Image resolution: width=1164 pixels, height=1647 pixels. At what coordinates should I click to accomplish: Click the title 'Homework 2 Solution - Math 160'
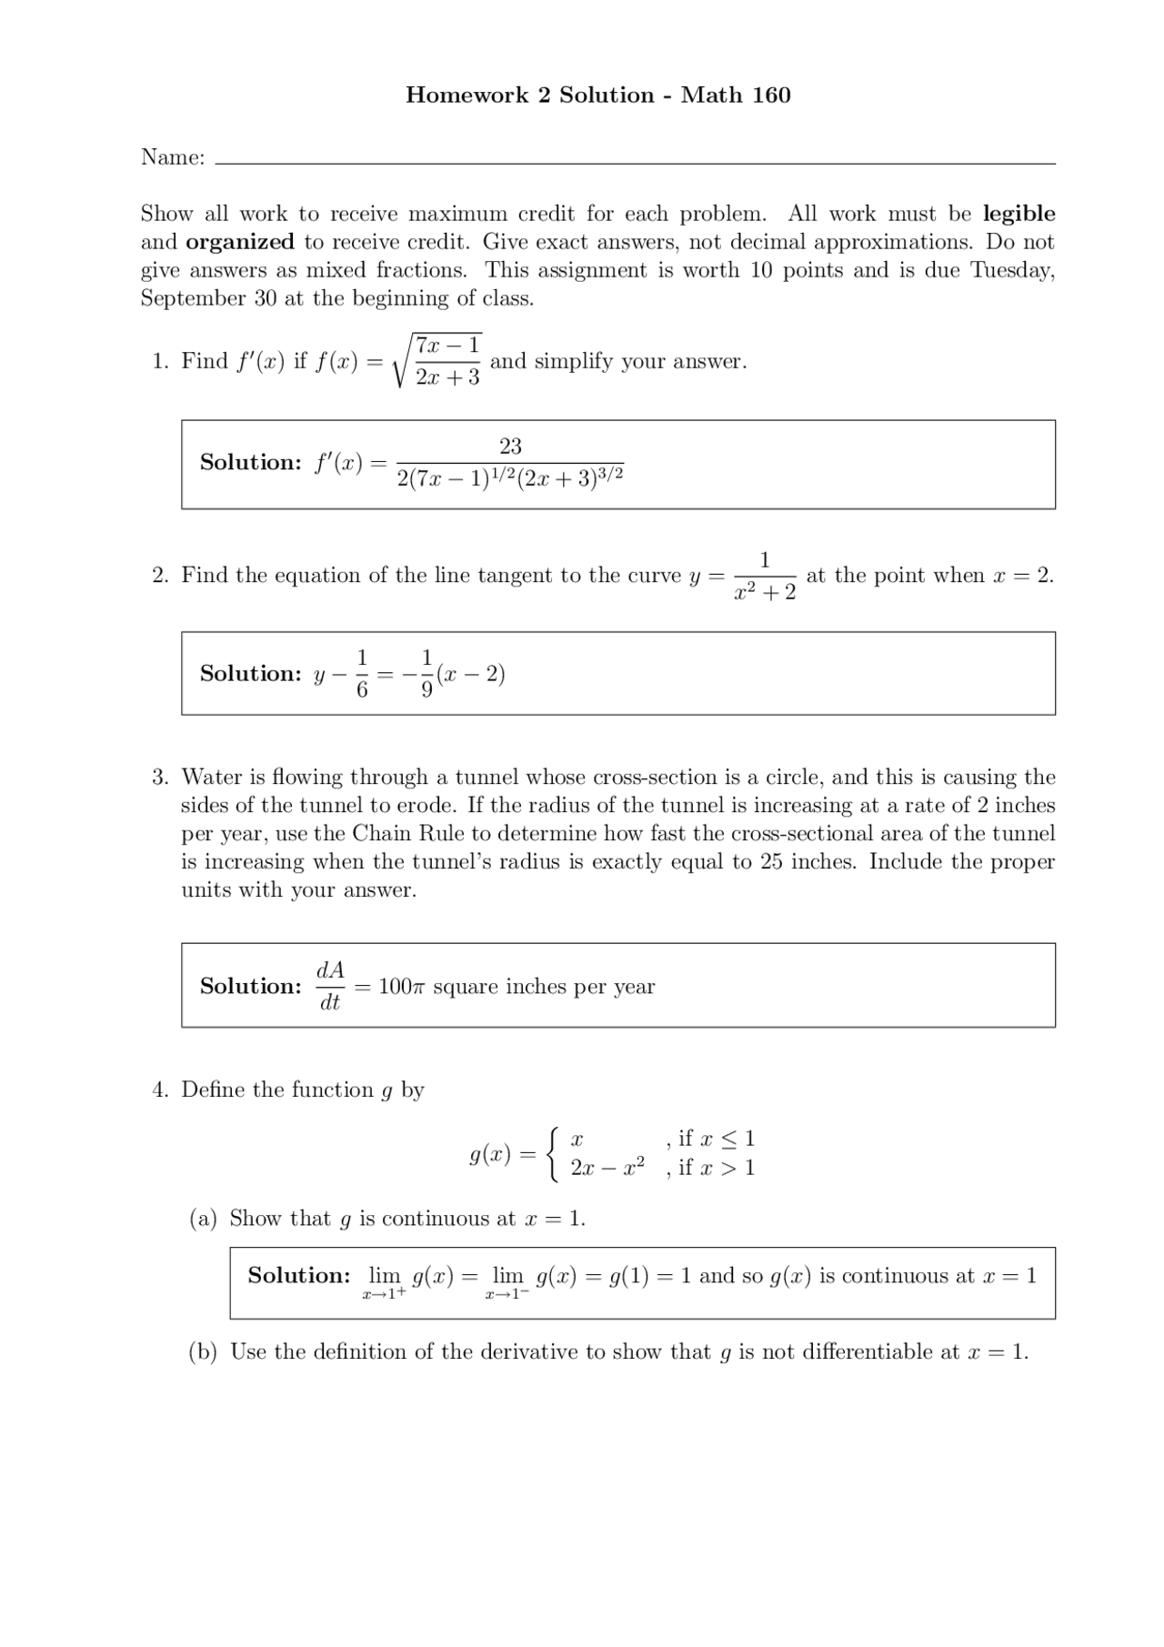(x=597, y=95)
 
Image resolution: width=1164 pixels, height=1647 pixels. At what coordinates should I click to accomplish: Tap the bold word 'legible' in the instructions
(x=1018, y=214)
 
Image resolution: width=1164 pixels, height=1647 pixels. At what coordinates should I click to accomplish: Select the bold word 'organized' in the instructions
(x=240, y=242)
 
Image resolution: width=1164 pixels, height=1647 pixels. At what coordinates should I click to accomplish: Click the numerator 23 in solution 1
(x=510, y=446)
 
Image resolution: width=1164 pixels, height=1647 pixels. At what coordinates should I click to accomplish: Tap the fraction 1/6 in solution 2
(x=362, y=674)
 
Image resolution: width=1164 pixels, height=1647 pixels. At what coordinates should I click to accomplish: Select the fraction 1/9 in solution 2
(x=426, y=674)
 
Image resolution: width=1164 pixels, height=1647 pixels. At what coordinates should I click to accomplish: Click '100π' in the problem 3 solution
(x=396, y=987)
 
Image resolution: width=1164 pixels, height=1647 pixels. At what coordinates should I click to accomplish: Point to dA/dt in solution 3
(x=330, y=987)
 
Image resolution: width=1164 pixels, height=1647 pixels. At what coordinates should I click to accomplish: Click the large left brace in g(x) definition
(x=553, y=1153)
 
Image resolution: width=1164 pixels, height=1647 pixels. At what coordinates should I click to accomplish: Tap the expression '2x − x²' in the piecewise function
(x=607, y=1168)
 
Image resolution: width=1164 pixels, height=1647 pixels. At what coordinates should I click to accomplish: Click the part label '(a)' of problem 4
(x=203, y=1219)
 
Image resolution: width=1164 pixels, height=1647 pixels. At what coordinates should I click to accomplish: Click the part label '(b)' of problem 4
(x=203, y=1352)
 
